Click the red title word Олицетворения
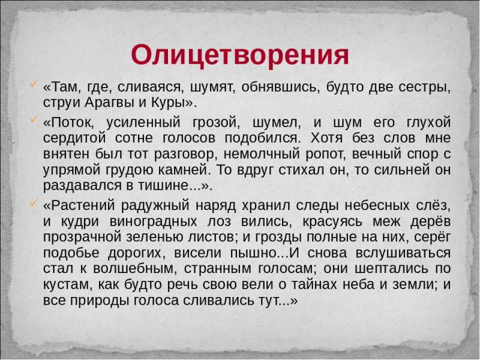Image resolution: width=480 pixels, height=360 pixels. click(x=239, y=55)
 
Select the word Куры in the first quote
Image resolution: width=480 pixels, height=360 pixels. click(x=168, y=103)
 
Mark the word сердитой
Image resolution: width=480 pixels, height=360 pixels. click(x=74, y=138)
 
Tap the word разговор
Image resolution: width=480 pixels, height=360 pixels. click(x=185, y=154)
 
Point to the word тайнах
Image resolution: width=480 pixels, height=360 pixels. click(x=313, y=284)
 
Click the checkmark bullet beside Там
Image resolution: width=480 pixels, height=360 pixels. click(x=34, y=83)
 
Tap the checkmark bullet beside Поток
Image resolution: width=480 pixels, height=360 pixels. click(x=34, y=119)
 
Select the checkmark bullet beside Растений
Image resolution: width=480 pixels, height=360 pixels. click(x=34, y=202)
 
